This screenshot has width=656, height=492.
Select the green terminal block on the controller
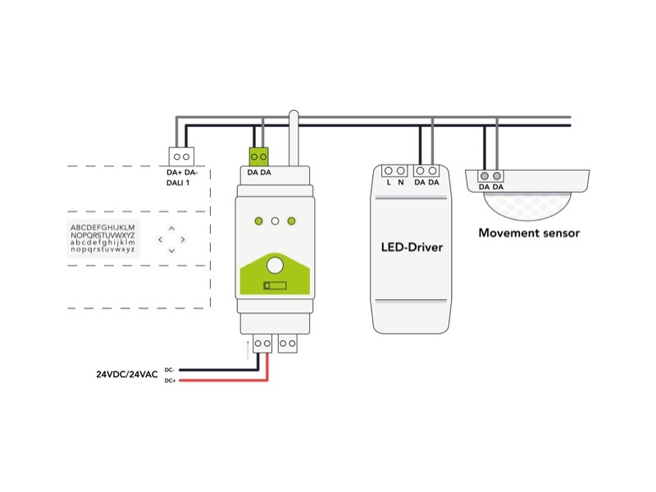click(260, 155)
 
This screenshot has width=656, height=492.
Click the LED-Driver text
click(412, 247)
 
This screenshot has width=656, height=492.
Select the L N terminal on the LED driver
click(394, 171)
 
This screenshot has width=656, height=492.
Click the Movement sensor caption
click(529, 233)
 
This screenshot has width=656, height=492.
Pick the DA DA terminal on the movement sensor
click(491, 176)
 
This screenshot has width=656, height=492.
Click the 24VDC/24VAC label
click(127, 375)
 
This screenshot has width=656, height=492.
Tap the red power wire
click(221, 380)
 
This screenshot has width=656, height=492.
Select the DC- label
click(170, 369)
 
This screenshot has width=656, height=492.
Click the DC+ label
click(170, 380)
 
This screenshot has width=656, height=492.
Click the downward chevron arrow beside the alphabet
click(171, 250)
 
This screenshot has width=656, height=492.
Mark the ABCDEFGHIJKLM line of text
click(102, 226)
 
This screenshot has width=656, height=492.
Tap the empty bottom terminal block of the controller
click(287, 344)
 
